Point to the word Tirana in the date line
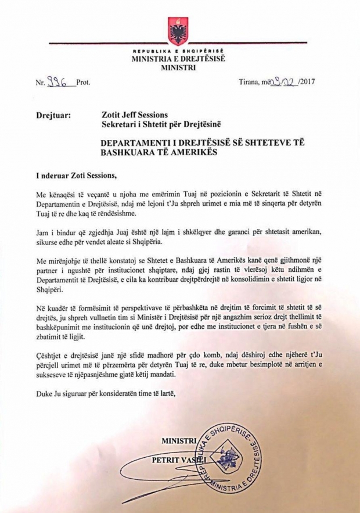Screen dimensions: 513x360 pos(251,82)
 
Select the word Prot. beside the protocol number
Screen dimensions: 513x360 pos(83,82)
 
